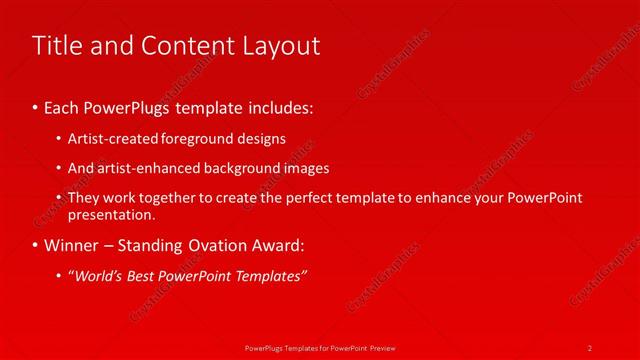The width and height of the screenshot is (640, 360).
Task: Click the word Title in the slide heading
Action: click(x=56, y=46)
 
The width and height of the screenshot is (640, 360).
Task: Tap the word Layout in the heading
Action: click(x=283, y=46)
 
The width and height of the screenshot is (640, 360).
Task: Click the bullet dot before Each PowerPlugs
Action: click(x=37, y=105)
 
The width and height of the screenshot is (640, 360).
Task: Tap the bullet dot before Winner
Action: click(x=37, y=245)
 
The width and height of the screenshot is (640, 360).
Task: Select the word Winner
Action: click(x=73, y=245)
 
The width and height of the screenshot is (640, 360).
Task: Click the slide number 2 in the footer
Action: click(x=590, y=347)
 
